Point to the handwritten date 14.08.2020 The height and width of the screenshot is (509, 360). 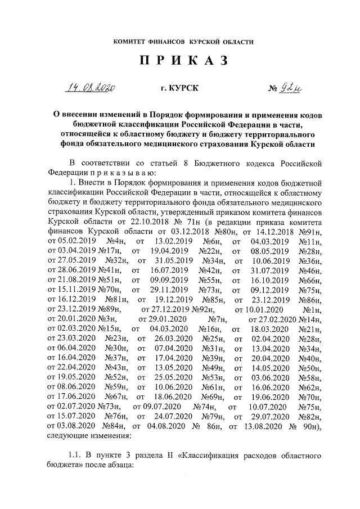[90, 88]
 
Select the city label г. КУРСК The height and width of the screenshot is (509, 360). [179, 88]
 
